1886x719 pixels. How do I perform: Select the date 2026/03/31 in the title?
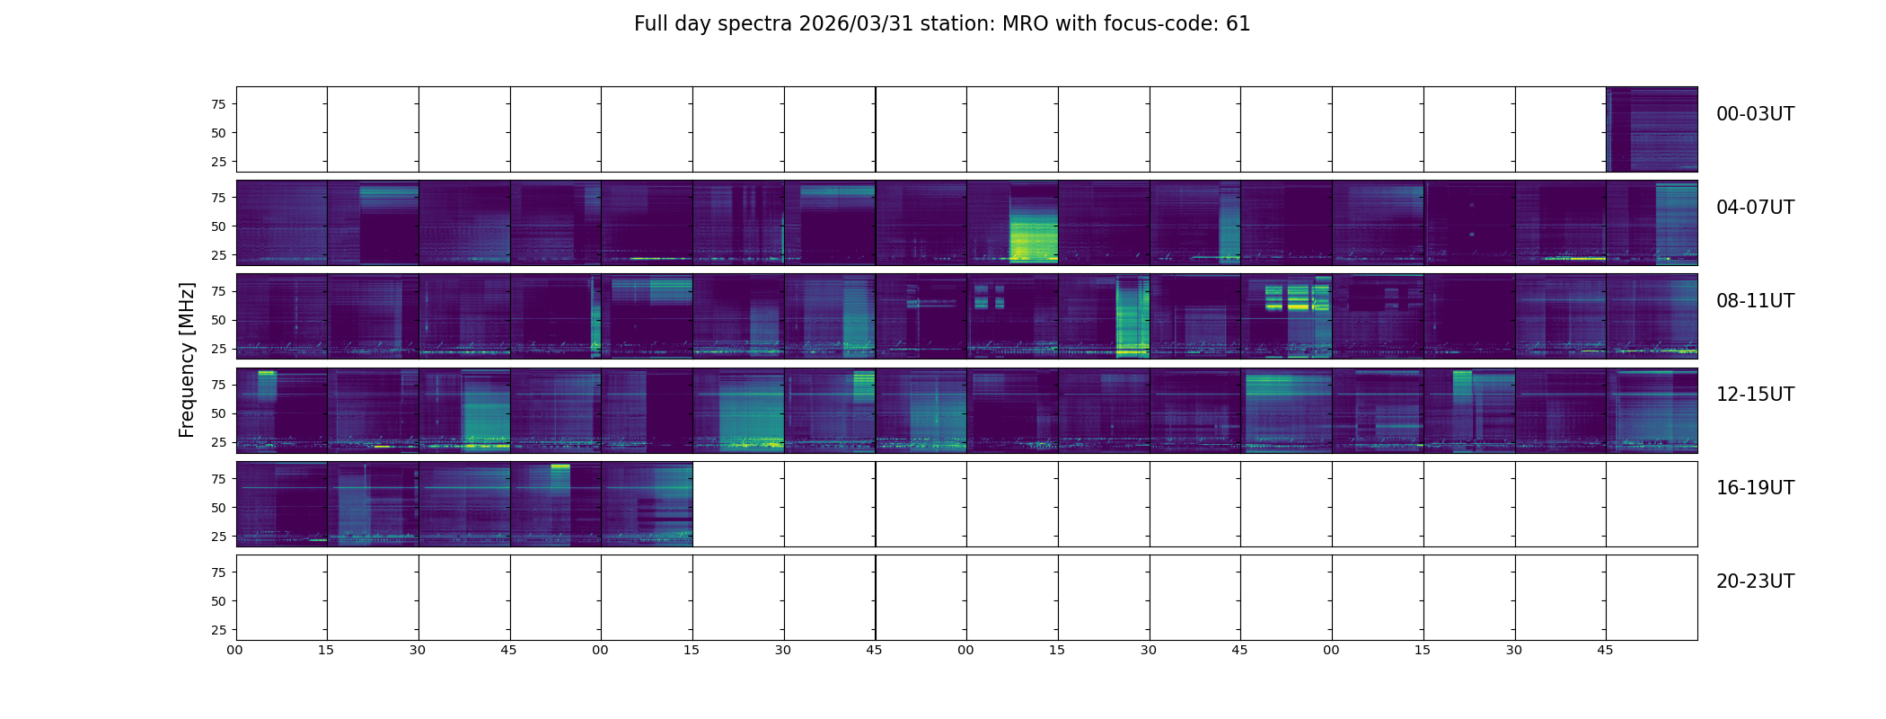coord(856,24)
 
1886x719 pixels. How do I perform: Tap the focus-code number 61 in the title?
coord(1238,24)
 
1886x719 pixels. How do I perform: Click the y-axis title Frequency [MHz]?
coord(187,359)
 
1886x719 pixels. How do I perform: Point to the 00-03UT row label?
coord(1755,114)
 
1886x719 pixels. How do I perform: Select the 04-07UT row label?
coord(1755,208)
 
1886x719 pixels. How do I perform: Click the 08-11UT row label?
coord(1755,301)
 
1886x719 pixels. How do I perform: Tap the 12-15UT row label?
coord(1755,395)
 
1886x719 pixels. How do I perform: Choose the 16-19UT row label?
coord(1755,488)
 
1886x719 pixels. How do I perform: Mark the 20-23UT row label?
coord(1755,581)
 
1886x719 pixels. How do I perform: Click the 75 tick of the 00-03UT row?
coord(218,104)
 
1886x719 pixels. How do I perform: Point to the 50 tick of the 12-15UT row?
coord(218,413)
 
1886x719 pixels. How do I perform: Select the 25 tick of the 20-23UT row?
coord(218,630)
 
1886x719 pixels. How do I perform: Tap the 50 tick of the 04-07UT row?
coord(218,226)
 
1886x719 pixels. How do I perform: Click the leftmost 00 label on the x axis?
coord(235,650)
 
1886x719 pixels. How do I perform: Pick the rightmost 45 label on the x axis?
coord(1605,650)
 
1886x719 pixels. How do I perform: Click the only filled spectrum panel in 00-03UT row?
coord(1652,129)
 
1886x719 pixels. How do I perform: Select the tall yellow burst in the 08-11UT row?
coord(1131,319)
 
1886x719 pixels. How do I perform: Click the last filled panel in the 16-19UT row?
coord(647,503)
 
